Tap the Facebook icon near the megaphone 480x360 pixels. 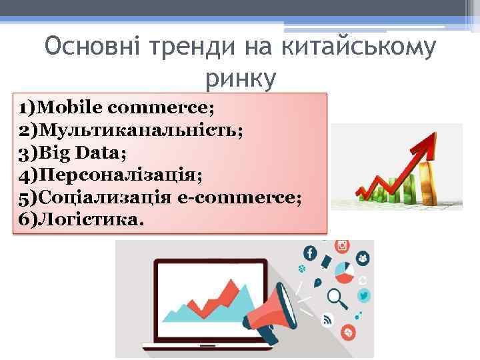tap(309, 253)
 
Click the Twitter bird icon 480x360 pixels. tap(363, 295)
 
